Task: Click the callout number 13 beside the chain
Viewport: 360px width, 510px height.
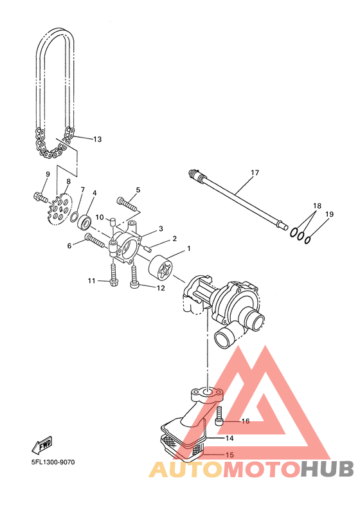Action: tap(97, 139)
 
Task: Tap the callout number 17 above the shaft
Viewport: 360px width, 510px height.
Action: tap(255, 172)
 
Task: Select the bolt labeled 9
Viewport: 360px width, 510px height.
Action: tap(40, 196)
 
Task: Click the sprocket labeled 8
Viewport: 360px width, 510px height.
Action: tap(59, 210)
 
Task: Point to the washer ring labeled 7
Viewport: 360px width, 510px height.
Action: tap(75, 217)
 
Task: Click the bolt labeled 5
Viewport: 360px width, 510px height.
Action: tap(127, 203)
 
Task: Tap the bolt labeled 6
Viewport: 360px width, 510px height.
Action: tap(94, 241)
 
